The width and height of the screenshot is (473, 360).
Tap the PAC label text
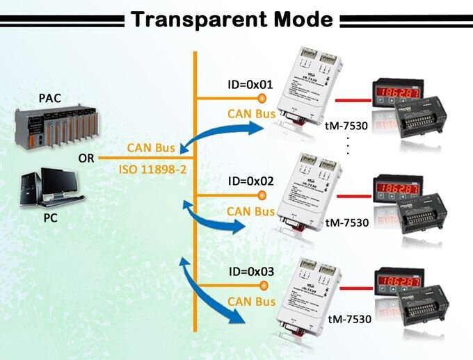tap(50, 98)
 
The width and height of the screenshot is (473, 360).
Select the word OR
tap(86, 158)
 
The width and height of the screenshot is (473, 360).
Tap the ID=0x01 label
tap(250, 84)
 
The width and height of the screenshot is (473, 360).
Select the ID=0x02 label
tap(250, 181)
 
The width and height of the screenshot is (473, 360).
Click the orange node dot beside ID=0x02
tap(263, 197)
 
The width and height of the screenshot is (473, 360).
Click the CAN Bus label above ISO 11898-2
tap(150, 148)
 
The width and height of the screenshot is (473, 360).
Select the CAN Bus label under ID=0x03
tap(251, 302)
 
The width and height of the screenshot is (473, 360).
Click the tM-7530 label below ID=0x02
tap(346, 223)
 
